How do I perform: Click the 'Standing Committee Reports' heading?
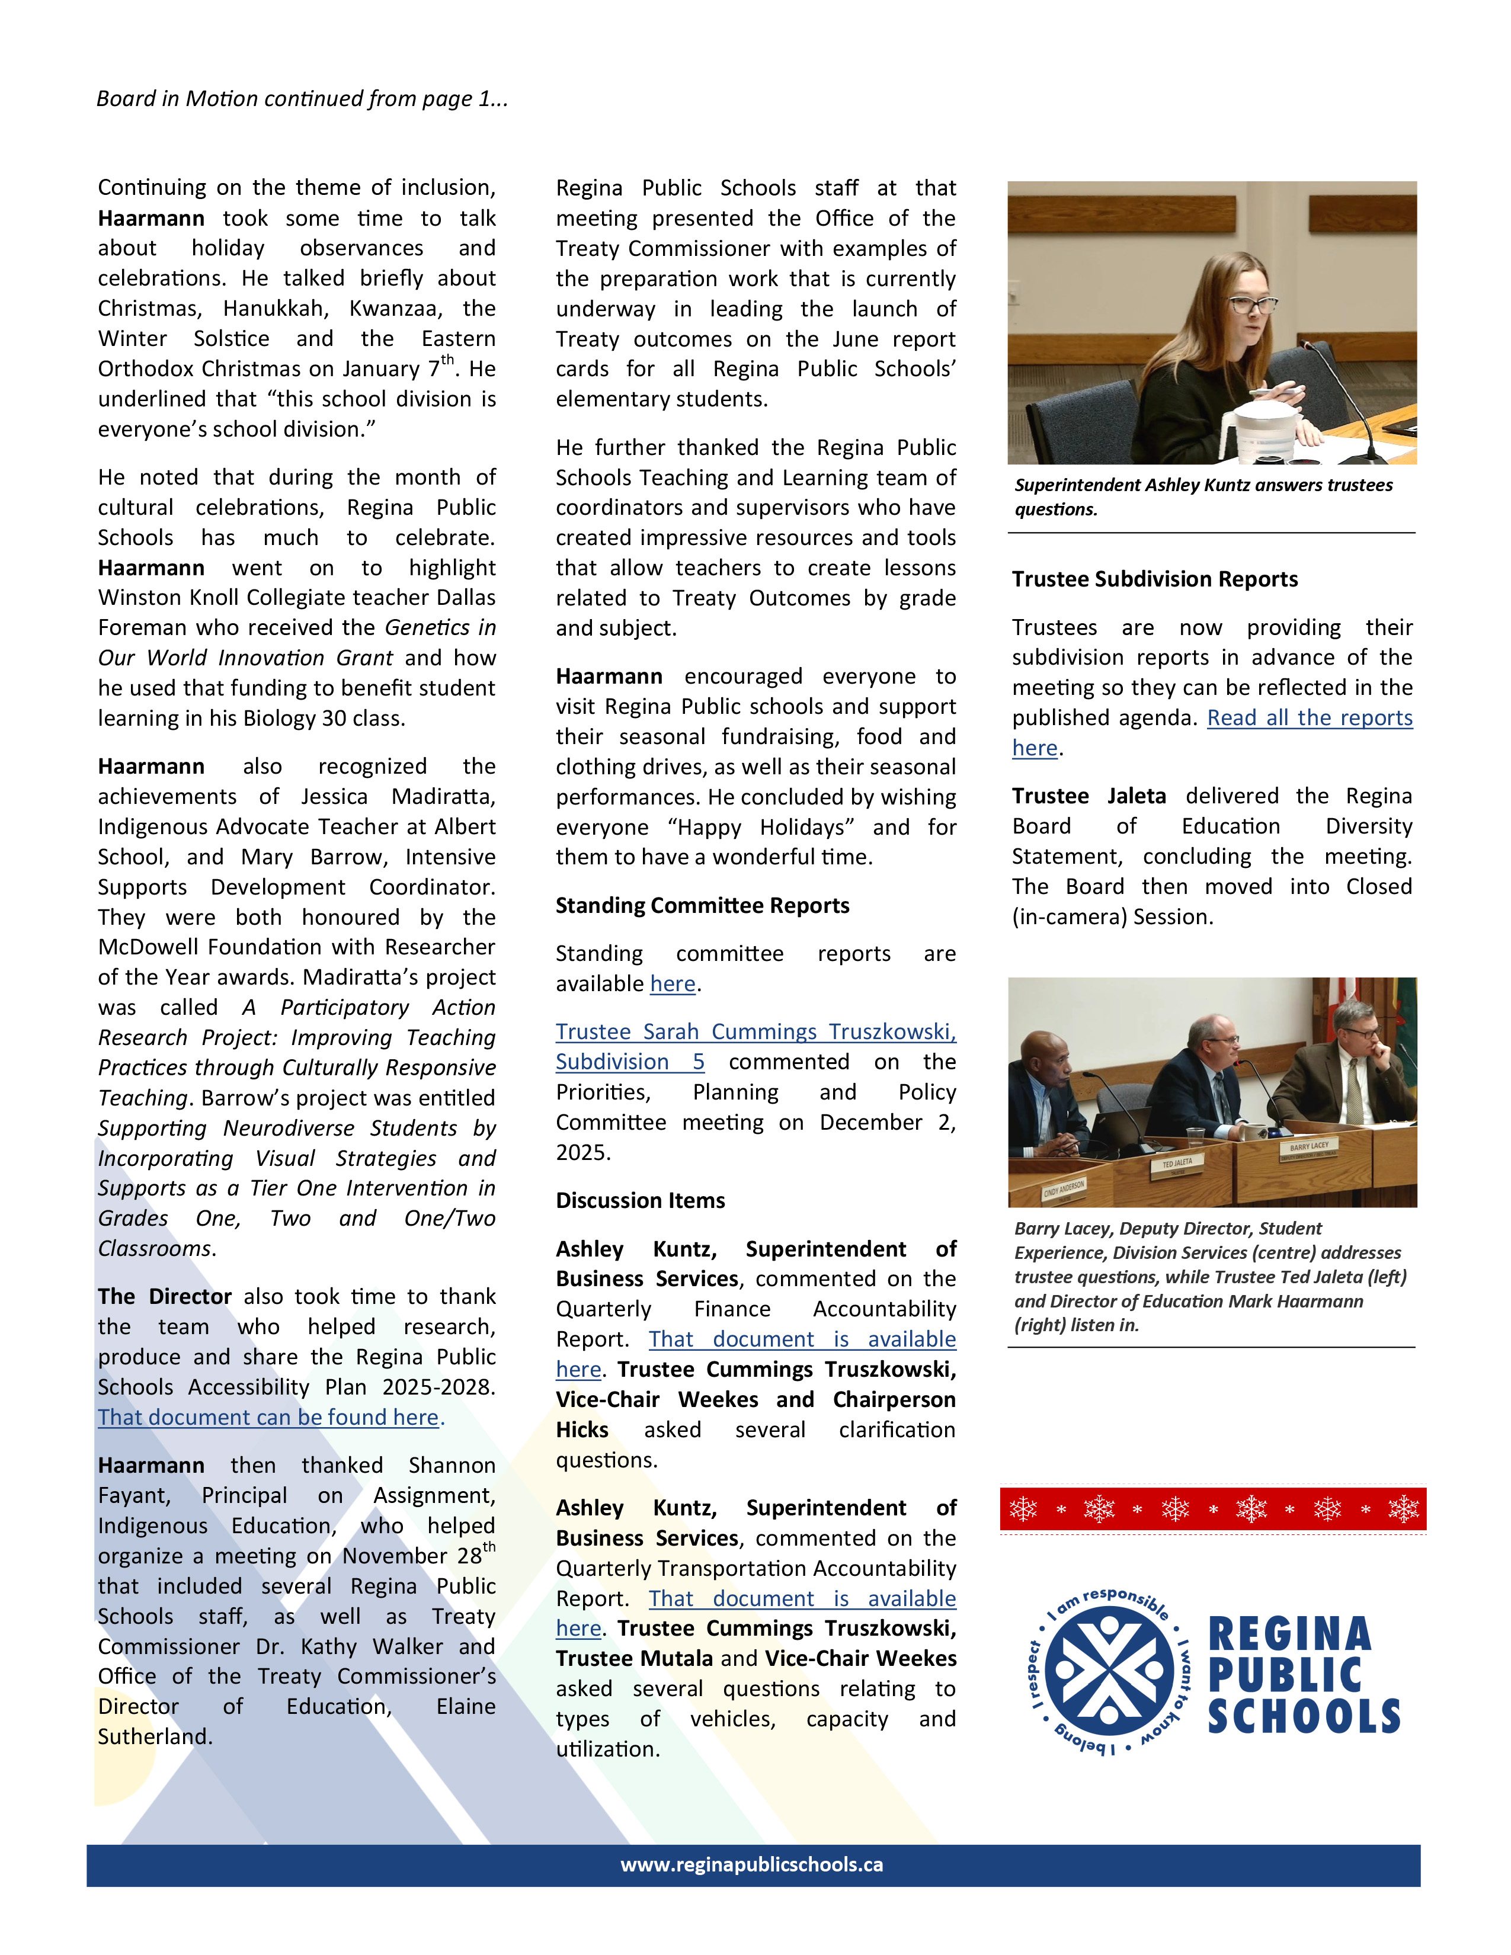pyautogui.click(x=702, y=906)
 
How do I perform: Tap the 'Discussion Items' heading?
pyautogui.click(x=640, y=1200)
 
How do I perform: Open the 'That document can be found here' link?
pyautogui.click(x=270, y=1417)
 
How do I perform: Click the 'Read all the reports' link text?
pyautogui.click(x=1310, y=718)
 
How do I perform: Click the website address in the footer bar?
pyautogui.click(x=752, y=1864)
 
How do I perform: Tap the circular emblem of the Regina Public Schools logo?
pyautogui.click(x=1109, y=1671)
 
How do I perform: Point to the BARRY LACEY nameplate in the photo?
pyautogui.click(x=1309, y=1147)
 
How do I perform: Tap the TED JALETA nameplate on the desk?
pyautogui.click(x=1177, y=1164)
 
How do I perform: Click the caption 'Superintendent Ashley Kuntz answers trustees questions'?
pyautogui.click(x=1202, y=497)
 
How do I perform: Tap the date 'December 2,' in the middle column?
pyautogui.click(x=887, y=1123)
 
